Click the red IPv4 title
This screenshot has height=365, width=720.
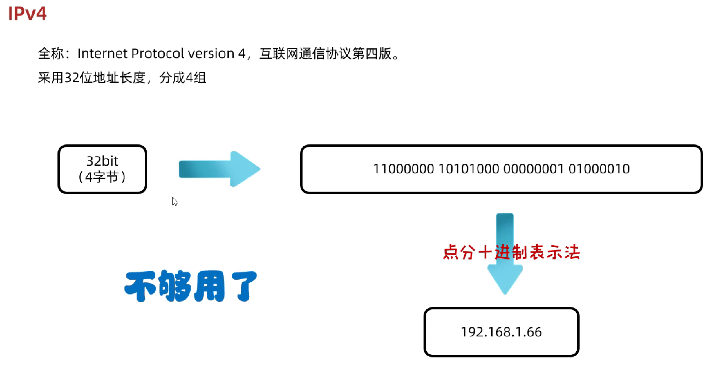click(27, 14)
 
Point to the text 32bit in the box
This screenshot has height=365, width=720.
click(102, 161)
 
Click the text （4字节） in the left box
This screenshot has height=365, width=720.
click(102, 177)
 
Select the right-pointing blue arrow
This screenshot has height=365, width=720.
click(219, 169)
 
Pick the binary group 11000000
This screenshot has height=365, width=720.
click(403, 169)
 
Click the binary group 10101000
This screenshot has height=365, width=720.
click(468, 169)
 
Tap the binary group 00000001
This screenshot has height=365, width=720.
click(533, 169)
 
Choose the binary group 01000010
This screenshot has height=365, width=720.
click(599, 169)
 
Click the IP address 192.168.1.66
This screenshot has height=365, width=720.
click(501, 332)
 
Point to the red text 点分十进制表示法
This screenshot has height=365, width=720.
click(511, 252)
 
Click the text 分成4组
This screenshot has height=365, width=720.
click(183, 78)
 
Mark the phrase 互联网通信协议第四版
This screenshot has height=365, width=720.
click(325, 54)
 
